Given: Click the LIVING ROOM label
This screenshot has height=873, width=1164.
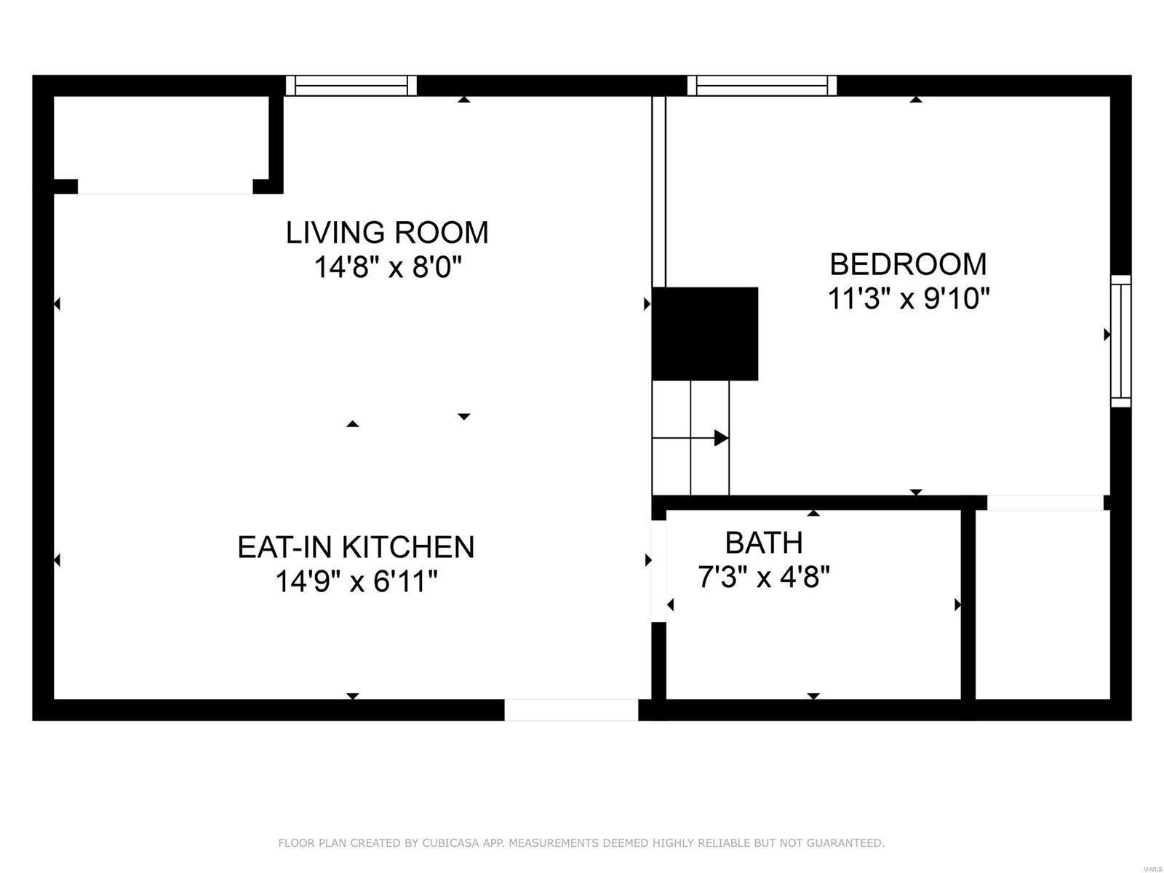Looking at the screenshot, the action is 387,233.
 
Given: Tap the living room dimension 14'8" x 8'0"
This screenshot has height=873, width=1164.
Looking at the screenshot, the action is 388,266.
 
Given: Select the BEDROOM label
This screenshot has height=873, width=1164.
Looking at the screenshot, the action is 908,265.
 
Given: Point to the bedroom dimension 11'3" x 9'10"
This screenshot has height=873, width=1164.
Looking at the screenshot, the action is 909,298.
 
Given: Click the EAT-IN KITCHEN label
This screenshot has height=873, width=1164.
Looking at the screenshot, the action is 356,547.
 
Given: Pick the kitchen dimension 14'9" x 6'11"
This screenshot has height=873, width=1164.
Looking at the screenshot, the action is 356,581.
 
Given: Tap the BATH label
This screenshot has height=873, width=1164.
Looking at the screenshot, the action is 764,543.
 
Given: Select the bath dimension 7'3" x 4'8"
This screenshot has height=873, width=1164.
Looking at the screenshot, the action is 764,577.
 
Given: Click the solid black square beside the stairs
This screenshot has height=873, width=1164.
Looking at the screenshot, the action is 705,333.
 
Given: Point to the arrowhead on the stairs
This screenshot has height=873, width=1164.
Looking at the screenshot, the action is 721,438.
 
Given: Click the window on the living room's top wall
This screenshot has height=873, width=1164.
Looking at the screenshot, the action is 351,85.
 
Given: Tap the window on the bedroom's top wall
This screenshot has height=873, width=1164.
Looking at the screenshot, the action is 762,85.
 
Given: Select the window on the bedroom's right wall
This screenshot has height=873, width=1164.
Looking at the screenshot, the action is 1120,340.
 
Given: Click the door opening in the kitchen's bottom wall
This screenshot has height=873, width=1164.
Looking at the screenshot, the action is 571,710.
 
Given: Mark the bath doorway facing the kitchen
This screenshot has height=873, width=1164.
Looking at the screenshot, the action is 658,571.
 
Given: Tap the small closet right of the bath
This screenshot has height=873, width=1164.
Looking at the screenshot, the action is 1043,605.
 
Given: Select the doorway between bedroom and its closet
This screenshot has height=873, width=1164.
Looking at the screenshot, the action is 1045,503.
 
